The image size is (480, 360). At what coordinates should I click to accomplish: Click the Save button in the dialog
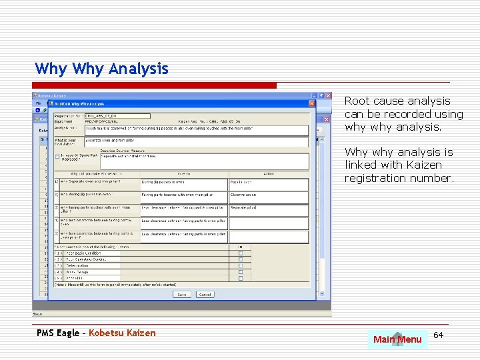click(x=181, y=294)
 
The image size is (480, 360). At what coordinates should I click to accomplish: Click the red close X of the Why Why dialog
click(x=311, y=103)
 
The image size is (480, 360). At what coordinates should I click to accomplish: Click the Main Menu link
click(x=397, y=339)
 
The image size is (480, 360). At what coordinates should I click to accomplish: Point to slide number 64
click(x=438, y=335)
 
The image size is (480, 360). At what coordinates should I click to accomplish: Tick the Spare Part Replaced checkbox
click(x=57, y=157)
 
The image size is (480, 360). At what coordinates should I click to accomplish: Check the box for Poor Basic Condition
click(x=241, y=253)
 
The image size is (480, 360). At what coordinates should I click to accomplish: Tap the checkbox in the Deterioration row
click(x=241, y=265)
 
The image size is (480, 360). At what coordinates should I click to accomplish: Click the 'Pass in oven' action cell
click(x=268, y=182)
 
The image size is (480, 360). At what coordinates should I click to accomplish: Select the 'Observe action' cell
click(x=268, y=195)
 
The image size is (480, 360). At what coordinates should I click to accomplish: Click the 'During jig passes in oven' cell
click(x=183, y=182)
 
